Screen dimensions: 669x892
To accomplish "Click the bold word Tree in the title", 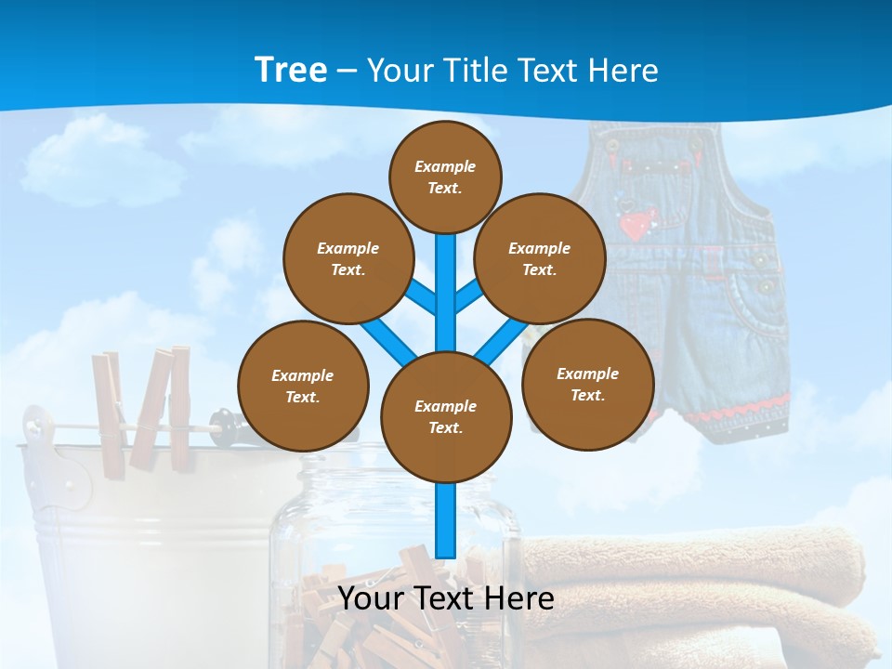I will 290,71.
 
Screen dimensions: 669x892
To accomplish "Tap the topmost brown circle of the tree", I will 445,177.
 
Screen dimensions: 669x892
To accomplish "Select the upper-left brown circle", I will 348,258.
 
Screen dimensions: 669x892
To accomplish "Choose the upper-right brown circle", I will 540,258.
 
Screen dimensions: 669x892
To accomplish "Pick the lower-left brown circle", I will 303,386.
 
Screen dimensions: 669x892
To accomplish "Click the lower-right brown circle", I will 587,384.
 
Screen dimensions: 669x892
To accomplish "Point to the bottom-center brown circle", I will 446,416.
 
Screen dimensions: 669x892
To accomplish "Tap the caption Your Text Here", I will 446,598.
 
